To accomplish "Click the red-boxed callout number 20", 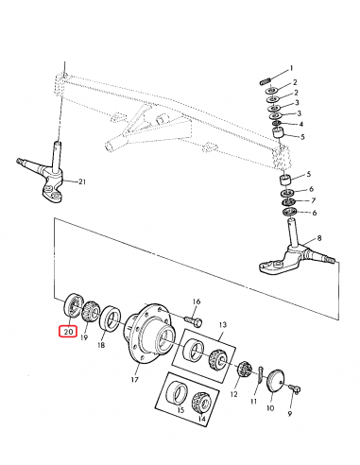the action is (x=69, y=332).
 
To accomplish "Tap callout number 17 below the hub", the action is (x=134, y=379).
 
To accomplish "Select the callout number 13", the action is (x=223, y=325).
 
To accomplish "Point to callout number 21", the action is (x=82, y=181).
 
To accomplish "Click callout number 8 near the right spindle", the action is (x=319, y=238).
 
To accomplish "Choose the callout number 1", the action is (x=292, y=68).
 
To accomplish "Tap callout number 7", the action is (x=313, y=200).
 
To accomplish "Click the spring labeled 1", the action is (x=266, y=82).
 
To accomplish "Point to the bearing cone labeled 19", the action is (x=91, y=310).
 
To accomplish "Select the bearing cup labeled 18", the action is (x=111, y=319).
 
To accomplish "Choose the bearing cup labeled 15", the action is (x=179, y=393).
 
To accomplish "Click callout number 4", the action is (x=301, y=124).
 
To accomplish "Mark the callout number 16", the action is (x=197, y=301).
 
